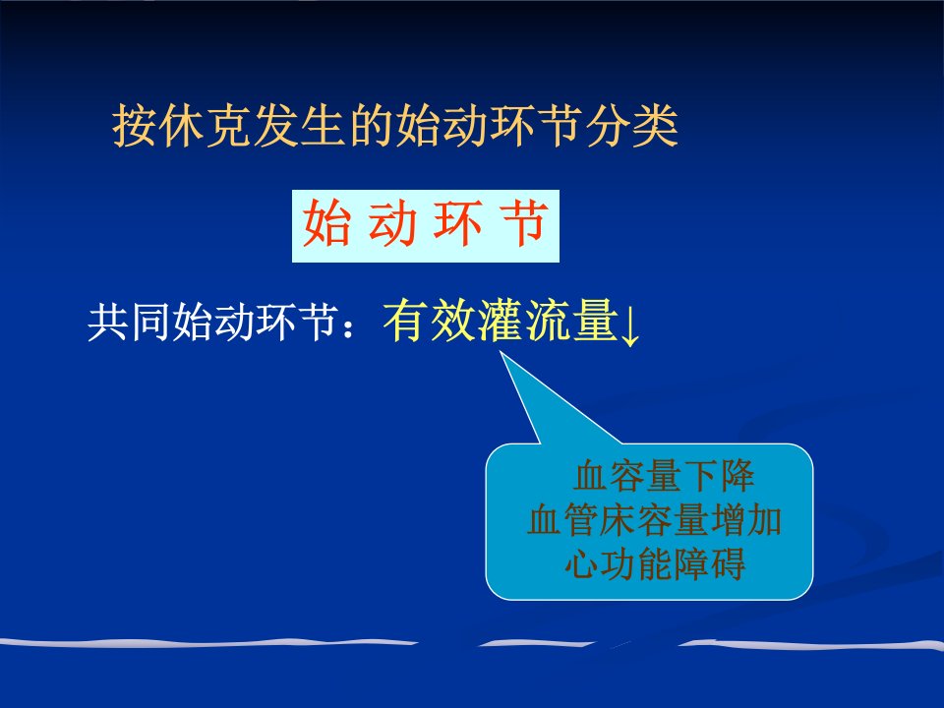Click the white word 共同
pyautogui.click(x=129, y=323)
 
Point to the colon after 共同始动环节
pyautogui.click(x=347, y=324)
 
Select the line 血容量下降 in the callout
pyautogui.click(x=664, y=476)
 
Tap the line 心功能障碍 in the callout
pyautogui.click(x=655, y=563)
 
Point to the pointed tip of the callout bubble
pyautogui.click(x=501, y=353)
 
